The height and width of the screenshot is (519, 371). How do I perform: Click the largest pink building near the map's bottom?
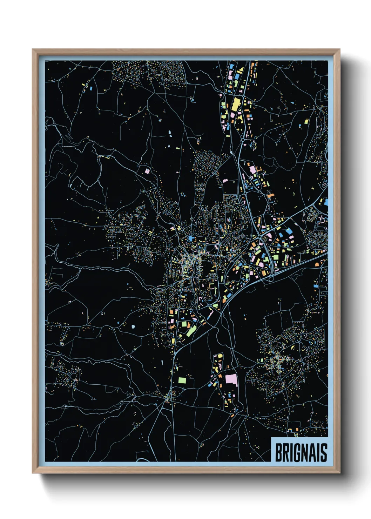[x=231, y=380]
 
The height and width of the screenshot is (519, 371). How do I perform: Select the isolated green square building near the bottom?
[x=182, y=380]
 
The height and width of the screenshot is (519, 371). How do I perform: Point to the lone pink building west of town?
[x=147, y=171]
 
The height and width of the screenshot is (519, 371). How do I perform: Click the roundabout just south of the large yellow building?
[x=242, y=140]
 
